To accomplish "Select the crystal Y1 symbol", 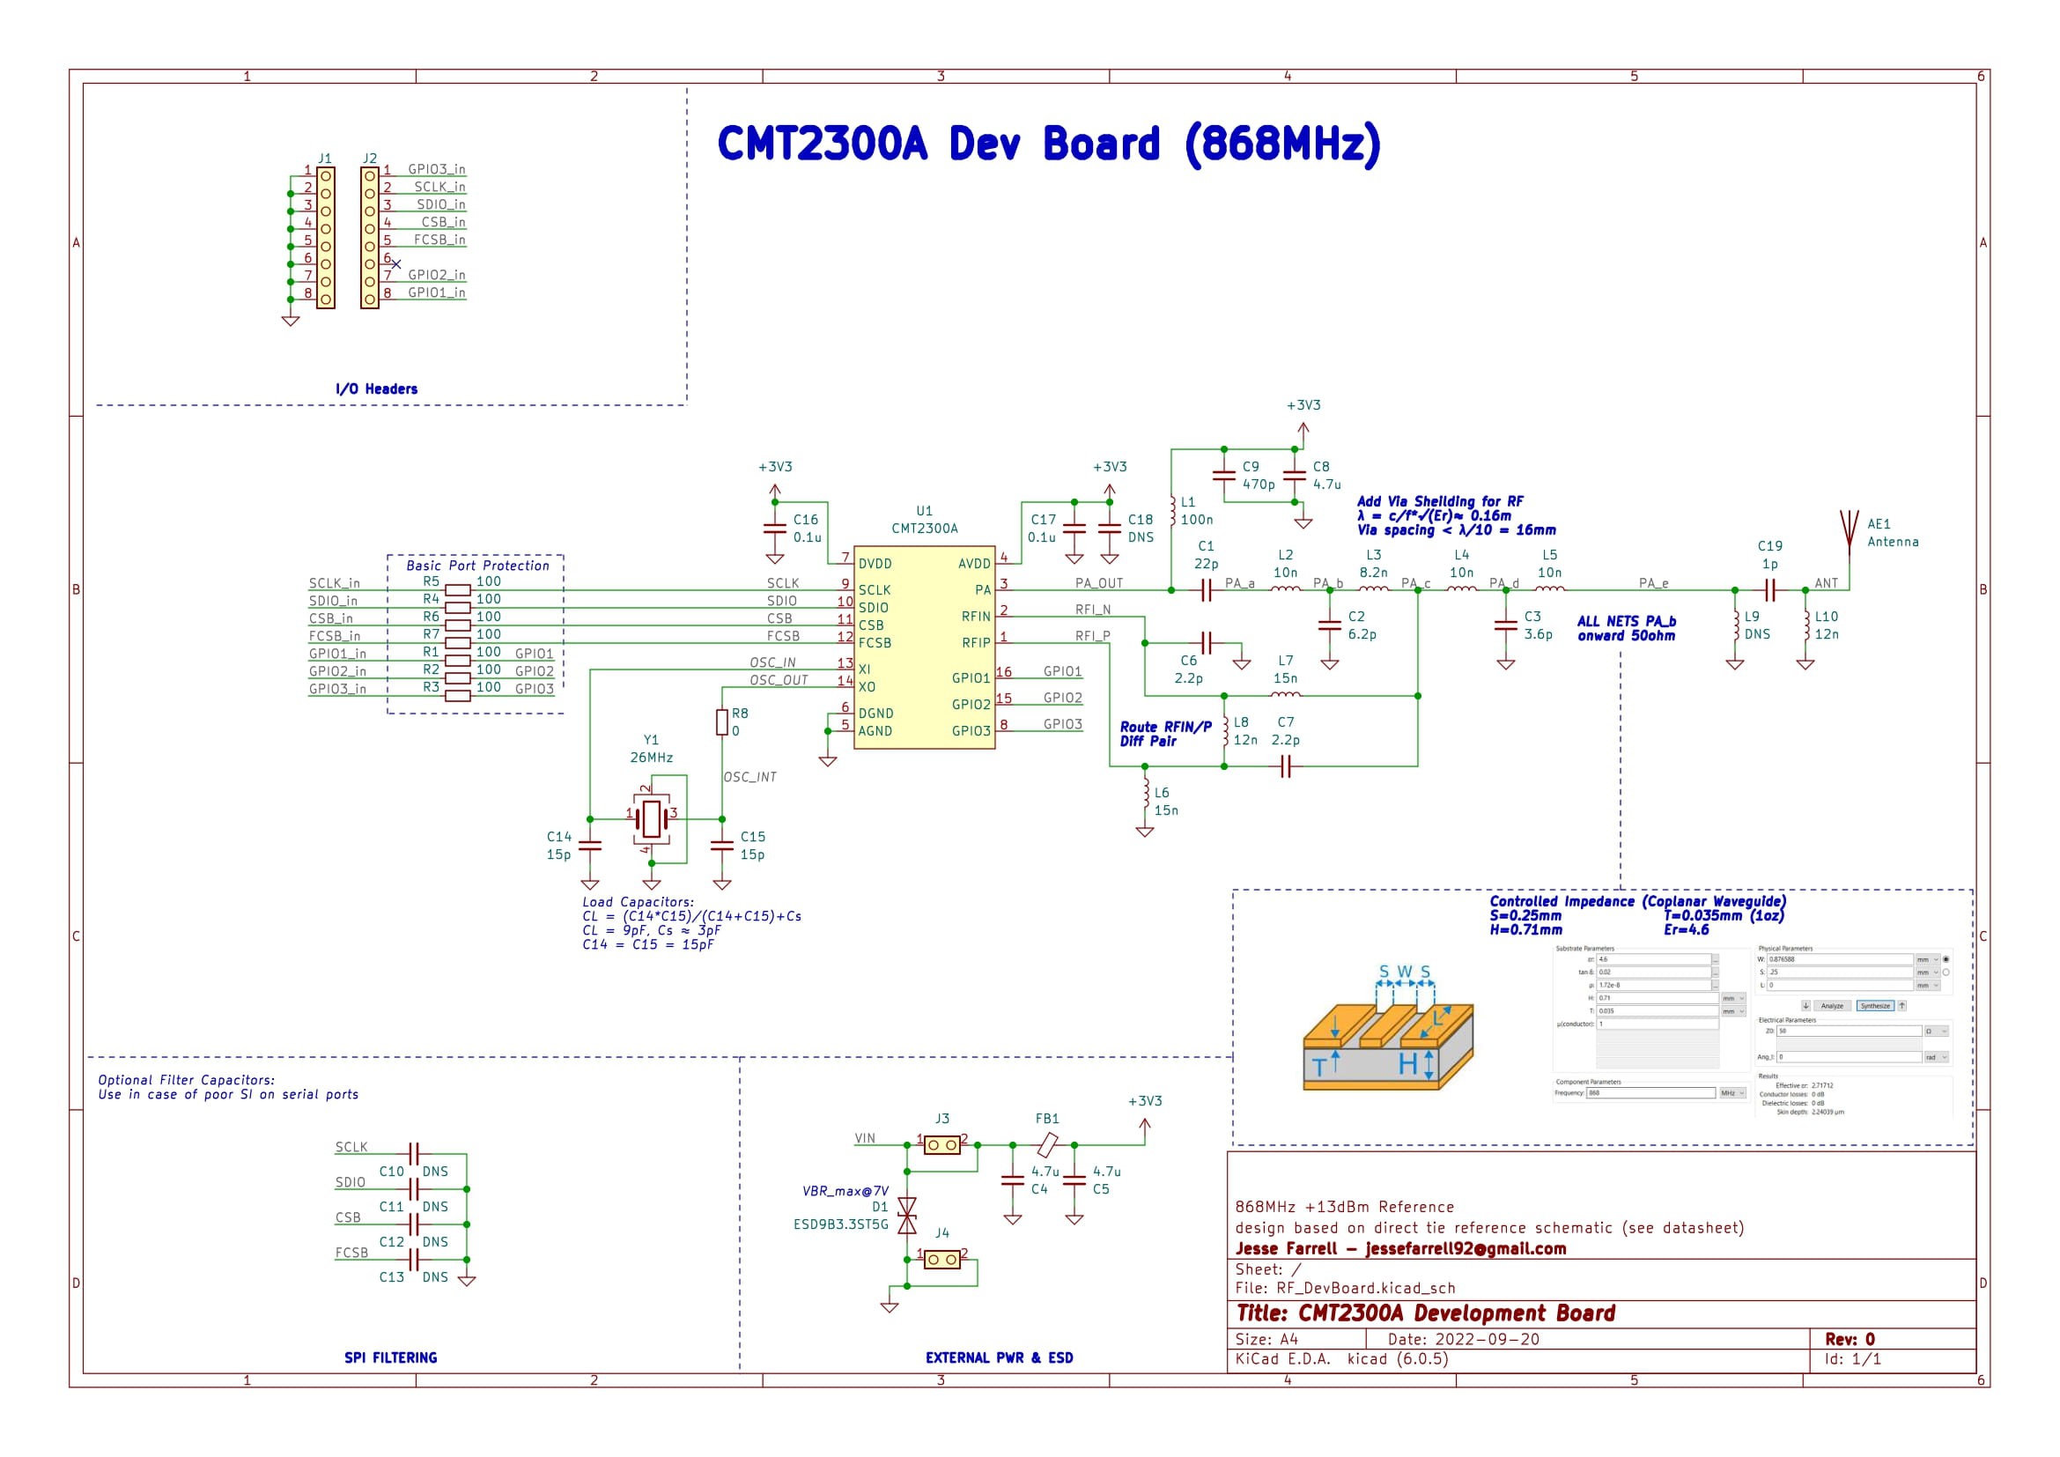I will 653,818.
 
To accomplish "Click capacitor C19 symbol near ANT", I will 1769,590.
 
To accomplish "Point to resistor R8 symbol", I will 722,722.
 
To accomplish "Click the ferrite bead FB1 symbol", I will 1047,1146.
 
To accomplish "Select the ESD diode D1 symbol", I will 907,1216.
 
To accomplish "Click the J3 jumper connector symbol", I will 942,1146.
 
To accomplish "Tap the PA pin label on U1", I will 983,590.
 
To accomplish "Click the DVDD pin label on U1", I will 875,565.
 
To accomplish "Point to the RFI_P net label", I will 1092,636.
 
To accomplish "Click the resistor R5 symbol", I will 458,590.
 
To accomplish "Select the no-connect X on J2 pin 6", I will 396,263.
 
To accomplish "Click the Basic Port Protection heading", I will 477,566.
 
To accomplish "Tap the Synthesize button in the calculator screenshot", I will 1874,1006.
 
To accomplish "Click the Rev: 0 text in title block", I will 1850,1340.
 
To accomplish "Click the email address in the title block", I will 1466,1249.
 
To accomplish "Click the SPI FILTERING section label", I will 390,1357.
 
